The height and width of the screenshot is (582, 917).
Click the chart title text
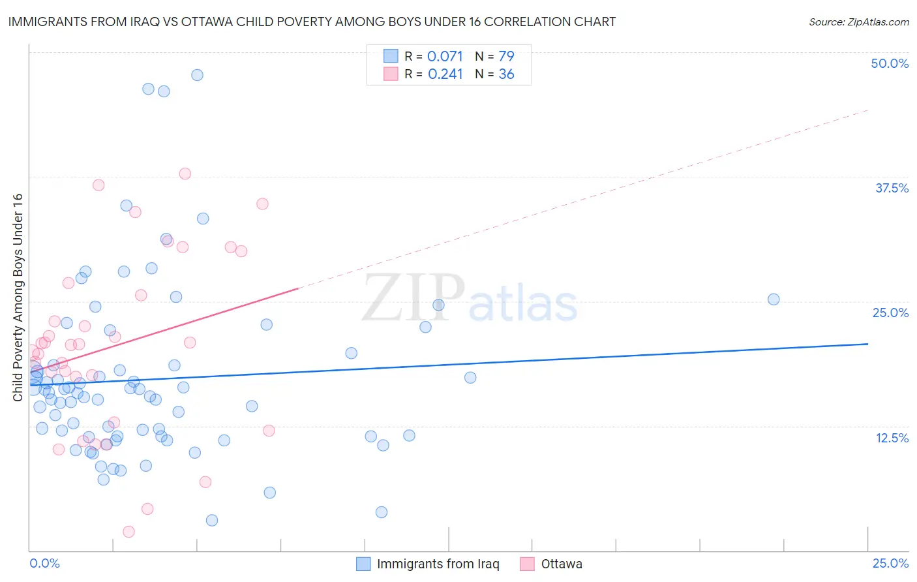312,22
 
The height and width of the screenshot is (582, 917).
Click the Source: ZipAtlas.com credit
858,22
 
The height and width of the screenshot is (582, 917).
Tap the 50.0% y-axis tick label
890,63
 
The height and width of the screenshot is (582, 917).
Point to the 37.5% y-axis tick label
892,188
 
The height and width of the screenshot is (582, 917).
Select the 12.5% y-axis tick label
892,438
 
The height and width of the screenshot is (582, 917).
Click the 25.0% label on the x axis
890,563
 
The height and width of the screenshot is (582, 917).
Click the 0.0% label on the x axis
44,563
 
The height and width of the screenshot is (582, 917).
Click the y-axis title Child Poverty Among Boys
18,298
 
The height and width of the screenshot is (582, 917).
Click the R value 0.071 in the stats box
445,56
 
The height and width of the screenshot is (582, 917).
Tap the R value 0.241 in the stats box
445,74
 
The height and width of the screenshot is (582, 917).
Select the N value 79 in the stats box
506,56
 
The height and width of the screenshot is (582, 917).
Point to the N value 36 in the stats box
506,74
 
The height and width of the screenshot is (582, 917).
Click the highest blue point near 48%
197,75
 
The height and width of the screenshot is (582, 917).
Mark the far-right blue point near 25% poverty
774,299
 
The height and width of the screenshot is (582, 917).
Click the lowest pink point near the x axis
129,532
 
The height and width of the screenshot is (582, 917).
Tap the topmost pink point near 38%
185,174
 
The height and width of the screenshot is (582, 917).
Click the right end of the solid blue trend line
867,344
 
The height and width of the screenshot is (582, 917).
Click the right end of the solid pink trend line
298,288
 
